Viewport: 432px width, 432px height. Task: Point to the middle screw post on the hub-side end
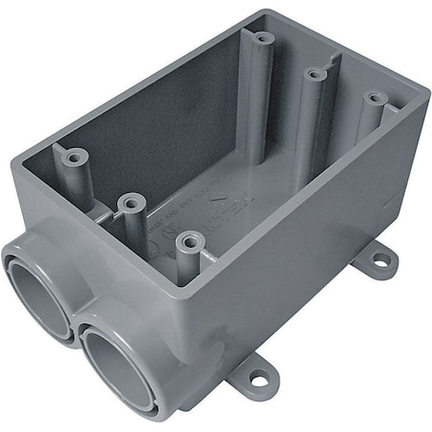coord(132,203)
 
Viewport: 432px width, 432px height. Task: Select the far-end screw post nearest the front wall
coord(372,99)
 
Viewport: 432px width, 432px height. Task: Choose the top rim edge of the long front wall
coord(307,192)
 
